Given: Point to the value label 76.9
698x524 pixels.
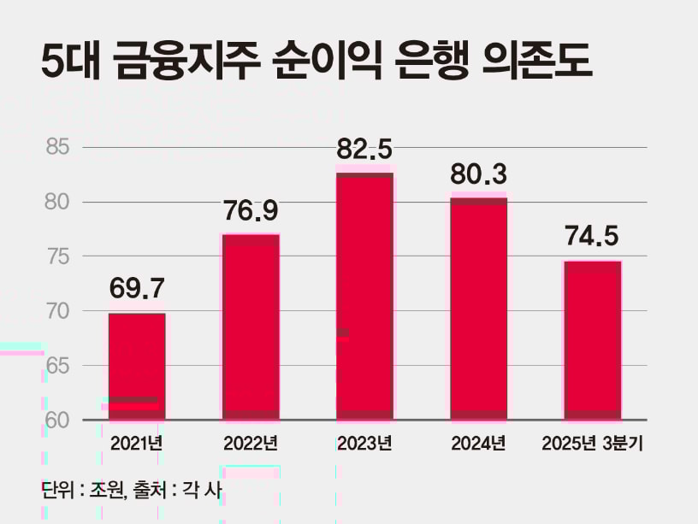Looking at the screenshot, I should (x=251, y=210).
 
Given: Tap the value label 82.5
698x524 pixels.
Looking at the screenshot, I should (x=364, y=149).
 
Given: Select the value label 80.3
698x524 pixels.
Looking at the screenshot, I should (x=478, y=174).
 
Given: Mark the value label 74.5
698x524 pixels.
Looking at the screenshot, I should (x=592, y=236).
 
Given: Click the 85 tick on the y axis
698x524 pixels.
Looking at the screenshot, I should (x=57, y=148).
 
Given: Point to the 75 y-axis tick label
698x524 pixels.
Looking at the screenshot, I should (x=57, y=256).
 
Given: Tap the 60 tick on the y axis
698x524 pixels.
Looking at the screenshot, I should (x=57, y=420).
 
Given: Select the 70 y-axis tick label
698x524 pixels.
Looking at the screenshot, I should (x=57, y=311).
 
